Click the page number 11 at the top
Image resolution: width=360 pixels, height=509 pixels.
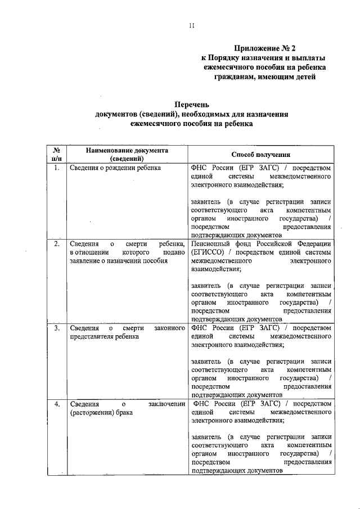191,25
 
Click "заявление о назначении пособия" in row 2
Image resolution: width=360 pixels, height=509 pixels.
120,260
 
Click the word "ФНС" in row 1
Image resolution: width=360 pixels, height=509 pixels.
200,168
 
